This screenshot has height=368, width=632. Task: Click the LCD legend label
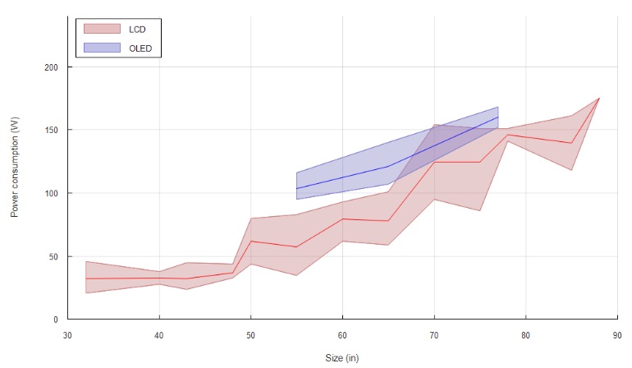tap(137, 30)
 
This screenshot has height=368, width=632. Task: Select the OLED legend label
tap(140, 49)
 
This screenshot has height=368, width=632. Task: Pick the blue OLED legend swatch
tap(101, 49)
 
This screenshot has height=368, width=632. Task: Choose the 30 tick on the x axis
tap(67, 334)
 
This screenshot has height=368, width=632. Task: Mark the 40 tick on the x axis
tap(159, 334)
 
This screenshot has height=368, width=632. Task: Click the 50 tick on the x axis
tap(250, 334)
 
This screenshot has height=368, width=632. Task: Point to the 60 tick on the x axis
tap(342, 334)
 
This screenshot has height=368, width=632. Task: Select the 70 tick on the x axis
tap(434, 334)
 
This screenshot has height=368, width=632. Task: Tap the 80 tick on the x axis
tap(525, 334)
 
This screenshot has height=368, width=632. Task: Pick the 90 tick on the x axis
tap(617, 334)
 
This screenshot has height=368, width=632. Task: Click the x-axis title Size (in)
tap(341, 357)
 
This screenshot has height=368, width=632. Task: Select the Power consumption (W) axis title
tap(15, 167)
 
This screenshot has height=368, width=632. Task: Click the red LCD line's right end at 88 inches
tap(599, 98)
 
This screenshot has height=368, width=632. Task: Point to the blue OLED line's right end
tap(498, 117)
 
